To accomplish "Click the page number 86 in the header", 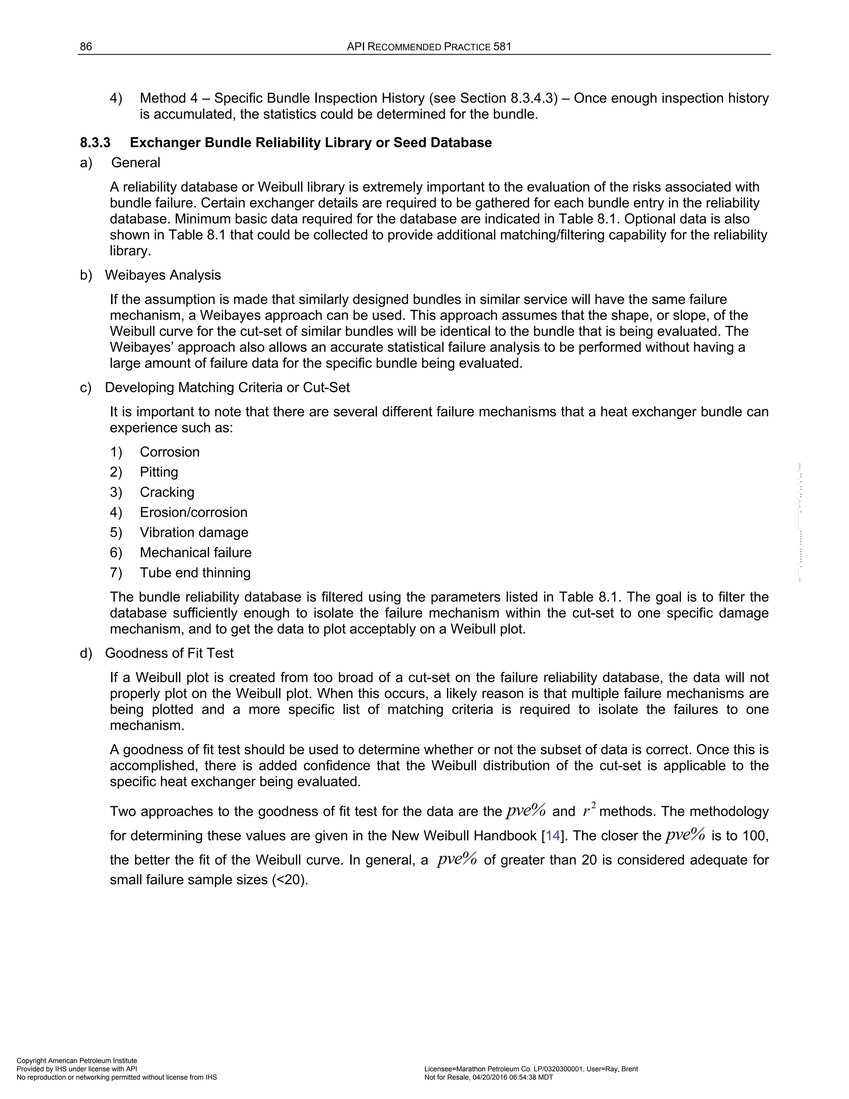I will point(86,47).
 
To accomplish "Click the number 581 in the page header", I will point(502,47).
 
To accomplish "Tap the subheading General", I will point(136,163).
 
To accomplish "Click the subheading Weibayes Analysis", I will point(163,275).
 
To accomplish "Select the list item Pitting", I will point(159,472).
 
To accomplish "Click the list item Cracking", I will point(167,492).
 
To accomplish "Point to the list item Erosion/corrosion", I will point(194,512).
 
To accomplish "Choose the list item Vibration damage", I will point(194,532).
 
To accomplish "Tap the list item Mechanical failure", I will point(196,552).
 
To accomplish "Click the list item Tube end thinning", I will point(195,573).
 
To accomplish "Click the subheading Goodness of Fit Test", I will point(170,653).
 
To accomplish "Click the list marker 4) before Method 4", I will point(116,98).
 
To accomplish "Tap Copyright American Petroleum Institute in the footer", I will point(77,1061).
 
